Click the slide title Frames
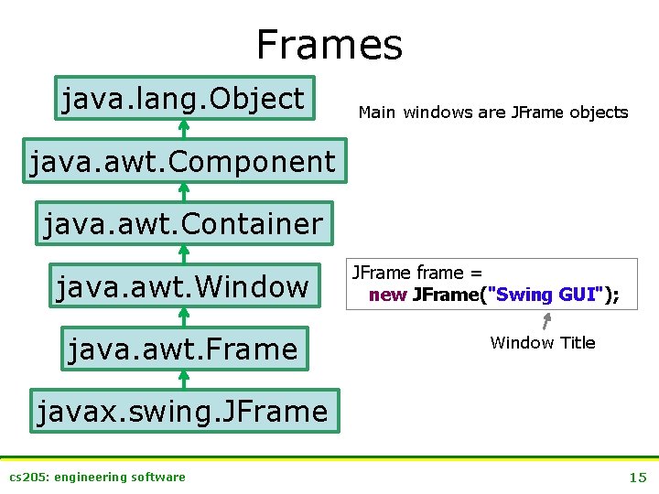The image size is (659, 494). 329,44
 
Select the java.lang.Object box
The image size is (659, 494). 183,98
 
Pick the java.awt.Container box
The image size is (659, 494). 183,223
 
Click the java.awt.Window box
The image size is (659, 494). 183,286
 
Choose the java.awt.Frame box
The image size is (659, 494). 183,349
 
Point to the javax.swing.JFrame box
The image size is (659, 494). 183,411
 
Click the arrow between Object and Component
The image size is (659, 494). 183,130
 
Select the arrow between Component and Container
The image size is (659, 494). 183,192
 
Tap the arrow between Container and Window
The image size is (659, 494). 183,255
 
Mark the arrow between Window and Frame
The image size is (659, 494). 183,317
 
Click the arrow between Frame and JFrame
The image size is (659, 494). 183,380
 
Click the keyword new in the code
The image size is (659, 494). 387,295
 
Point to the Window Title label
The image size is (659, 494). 542,343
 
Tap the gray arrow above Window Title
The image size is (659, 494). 546,321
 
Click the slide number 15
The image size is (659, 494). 637,477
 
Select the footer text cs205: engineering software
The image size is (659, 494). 97,477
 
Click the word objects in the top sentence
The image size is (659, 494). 599,113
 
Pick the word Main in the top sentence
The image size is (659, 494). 377,113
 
